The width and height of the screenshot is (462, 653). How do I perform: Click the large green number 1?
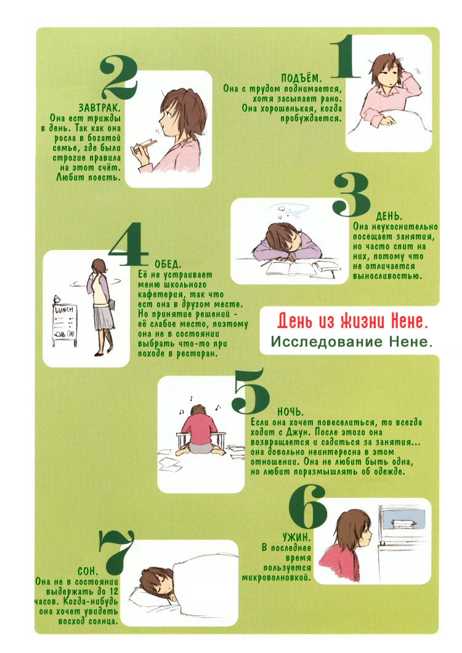point(345,57)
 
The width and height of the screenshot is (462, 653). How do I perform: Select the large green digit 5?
point(250,390)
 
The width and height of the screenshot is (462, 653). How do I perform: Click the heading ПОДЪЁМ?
point(301,78)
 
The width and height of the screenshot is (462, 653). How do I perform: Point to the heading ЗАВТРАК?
point(99,108)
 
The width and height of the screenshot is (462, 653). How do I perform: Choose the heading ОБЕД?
point(168,265)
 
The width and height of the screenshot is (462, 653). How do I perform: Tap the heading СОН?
point(88,571)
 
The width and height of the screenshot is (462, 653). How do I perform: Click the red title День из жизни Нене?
point(353,321)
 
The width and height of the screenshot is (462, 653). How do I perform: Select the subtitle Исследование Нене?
point(352,342)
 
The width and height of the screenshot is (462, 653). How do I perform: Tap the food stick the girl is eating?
point(144,144)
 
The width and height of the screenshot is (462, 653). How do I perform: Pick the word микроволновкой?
point(277,578)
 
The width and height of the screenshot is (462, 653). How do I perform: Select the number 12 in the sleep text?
point(114,591)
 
